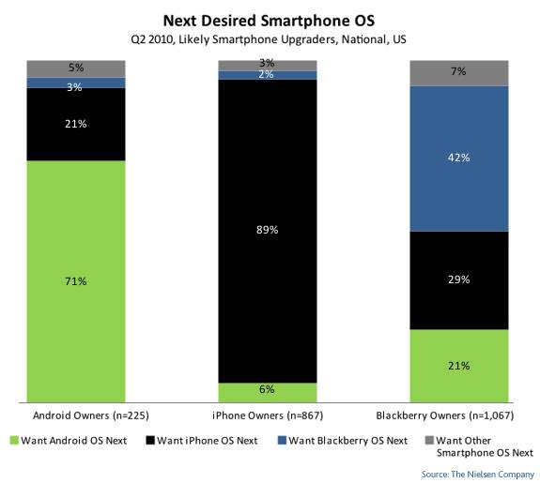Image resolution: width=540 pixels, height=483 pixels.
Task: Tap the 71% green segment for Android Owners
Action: click(x=77, y=280)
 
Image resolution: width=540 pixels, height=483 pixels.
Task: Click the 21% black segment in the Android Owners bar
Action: click(x=77, y=124)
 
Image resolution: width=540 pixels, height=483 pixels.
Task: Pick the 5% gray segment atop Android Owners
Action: click(x=77, y=68)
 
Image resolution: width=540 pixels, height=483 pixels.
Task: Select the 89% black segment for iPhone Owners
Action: click(x=268, y=232)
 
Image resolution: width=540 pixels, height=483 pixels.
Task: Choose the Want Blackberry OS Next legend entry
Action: click(x=342, y=439)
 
